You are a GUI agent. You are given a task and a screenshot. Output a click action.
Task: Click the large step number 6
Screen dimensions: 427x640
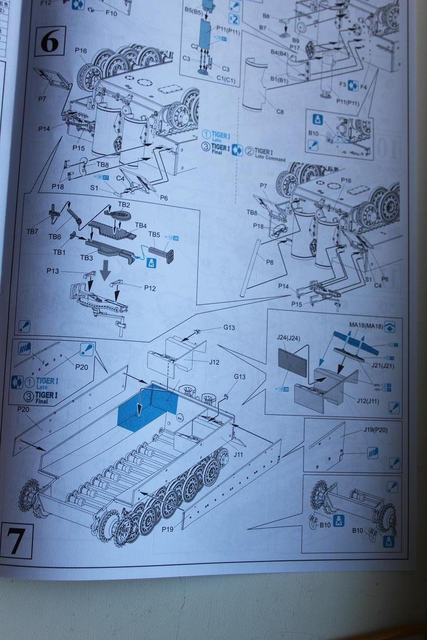coord(49,41)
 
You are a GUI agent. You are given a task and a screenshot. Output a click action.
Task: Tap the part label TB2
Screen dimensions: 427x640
coord(123,205)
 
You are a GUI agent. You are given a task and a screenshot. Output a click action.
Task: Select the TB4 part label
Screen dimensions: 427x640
coord(141,225)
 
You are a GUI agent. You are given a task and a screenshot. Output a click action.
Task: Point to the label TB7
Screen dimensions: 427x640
coord(32,232)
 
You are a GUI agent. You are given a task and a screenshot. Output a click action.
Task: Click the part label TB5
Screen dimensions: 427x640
coord(154,235)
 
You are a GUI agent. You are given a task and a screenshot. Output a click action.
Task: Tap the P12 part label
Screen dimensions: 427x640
coord(150,288)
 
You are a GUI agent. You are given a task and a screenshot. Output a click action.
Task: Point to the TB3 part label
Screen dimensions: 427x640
coord(86,258)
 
